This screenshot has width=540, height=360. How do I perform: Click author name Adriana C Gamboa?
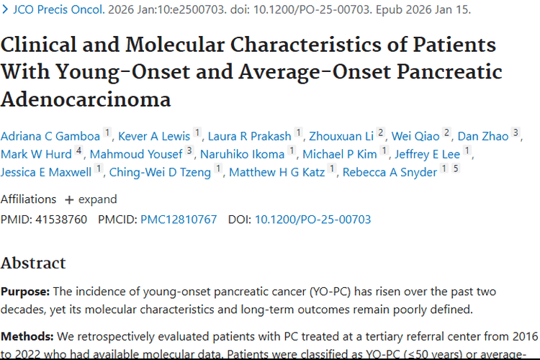pyautogui.click(x=50, y=135)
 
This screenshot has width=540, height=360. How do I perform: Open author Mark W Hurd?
pyautogui.click(x=37, y=154)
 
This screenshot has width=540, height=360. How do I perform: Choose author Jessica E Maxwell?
pyautogui.click(x=46, y=172)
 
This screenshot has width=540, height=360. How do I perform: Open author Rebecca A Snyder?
pyautogui.click(x=390, y=172)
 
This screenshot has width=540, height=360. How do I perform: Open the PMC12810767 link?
pyautogui.click(x=179, y=219)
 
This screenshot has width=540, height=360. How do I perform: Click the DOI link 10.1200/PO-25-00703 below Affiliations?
pyautogui.click(x=313, y=219)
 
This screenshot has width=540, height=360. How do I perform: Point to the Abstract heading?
pyautogui.click(x=33, y=263)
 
